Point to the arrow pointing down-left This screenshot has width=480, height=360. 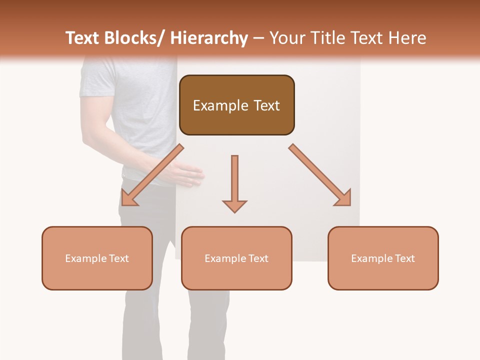pyautogui.click(x=152, y=175)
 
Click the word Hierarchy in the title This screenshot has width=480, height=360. pyautogui.click(x=209, y=38)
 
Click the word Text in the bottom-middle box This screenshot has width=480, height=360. pyautogui.click(x=258, y=258)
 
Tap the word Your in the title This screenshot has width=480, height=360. pyautogui.click(x=286, y=38)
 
